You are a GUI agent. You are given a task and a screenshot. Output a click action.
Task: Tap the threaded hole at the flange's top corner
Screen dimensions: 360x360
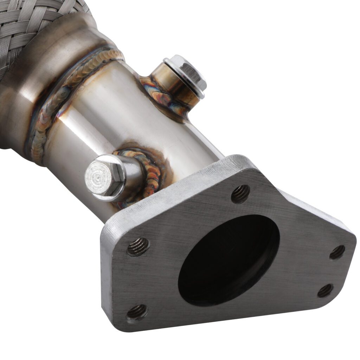coord(240,194)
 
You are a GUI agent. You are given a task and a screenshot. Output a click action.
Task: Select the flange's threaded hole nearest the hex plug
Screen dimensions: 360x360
coord(138,246)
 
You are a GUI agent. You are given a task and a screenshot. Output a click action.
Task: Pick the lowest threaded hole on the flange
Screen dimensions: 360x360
coord(137,312)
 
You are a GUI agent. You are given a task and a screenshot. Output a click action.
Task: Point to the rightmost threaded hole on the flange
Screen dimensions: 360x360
coord(337,252)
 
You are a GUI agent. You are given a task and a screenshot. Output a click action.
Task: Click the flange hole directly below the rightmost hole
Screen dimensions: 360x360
coord(325,290)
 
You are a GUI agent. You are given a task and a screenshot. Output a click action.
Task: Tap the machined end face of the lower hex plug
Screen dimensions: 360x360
coord(100,175)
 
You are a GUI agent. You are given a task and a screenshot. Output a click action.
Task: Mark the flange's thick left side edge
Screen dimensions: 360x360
coord(107,274)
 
